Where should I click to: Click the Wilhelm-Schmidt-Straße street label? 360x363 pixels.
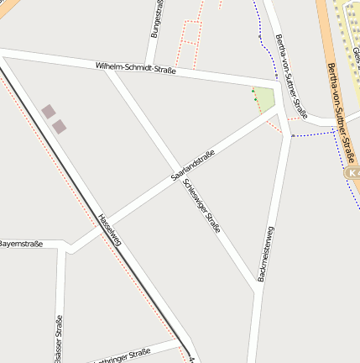coord(135,67)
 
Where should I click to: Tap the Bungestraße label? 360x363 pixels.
coord(156,18)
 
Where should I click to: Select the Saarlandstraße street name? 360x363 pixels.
coord(193,165)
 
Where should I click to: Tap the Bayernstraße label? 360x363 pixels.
coord(20,244)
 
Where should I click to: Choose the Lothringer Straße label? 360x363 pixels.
coord(122,355)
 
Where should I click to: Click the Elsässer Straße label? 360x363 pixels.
coord(58,340)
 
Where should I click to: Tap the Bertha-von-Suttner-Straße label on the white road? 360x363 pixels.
coord(290,76)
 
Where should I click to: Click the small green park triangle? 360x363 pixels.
coord(265,99)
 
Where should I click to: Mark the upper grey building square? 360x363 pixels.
coord(49,112)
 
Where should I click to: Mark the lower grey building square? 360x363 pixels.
coord(59,127)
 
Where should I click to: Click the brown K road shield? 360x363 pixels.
coord(353,171)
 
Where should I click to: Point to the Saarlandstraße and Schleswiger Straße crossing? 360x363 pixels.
coord(179,170)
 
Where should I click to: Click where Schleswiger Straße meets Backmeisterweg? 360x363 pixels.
coord(255,288)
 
